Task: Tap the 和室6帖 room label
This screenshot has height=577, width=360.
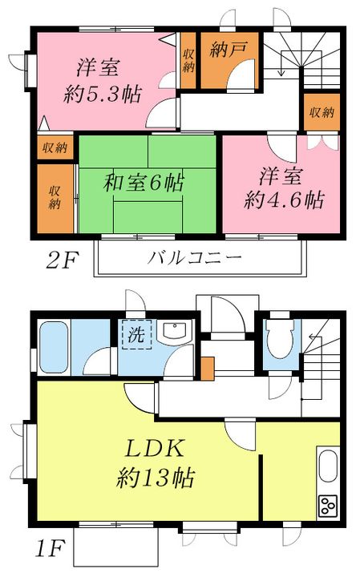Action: coord(143,183)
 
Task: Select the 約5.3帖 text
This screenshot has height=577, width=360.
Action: coord(103,95)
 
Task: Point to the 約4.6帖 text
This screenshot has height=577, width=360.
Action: coord(285,200)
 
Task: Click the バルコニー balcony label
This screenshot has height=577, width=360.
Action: coord(195,259)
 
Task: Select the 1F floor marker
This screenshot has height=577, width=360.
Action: coord(51,551)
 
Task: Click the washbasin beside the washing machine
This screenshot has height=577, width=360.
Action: coord(172,332)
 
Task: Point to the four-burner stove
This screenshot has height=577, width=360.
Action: coord(327,505)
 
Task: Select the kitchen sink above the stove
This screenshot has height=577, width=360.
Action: coord(327,468)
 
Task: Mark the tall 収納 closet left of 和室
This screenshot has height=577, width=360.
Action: coord(55,196)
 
